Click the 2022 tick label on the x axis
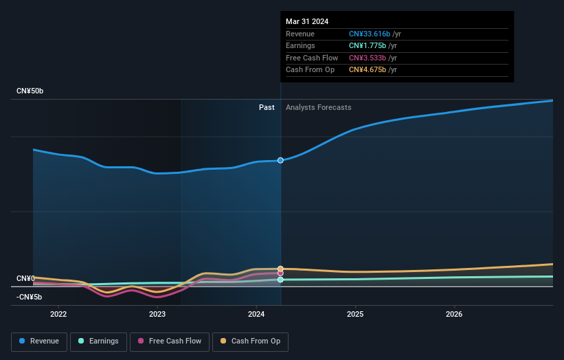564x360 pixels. pos(58,315)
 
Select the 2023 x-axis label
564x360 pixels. pos(157,315)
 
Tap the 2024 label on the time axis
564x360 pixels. pos(256,315)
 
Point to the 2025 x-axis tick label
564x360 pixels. pos(355,315)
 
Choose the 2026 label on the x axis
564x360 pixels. pos(454,315)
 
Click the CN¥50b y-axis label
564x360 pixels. pos(31,91)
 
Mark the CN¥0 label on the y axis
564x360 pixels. pos(25,278)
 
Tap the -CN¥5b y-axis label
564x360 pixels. pos(29,297)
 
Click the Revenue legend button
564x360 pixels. pos(39,341)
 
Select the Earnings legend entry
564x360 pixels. pos(98,341)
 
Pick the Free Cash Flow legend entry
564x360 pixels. pos(170,341)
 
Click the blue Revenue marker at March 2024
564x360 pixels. pos(280,160)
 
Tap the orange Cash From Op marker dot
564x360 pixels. pos(280,269)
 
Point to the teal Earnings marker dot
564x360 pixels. pos(280,280)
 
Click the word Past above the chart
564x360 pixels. pos(267,107)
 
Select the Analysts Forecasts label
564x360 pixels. pos(318,107)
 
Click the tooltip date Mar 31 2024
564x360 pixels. pos(307,21)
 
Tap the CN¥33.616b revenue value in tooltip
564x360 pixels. pos(370,34)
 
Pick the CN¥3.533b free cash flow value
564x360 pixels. pos(369,58)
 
